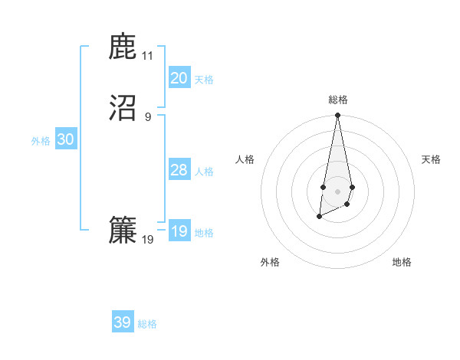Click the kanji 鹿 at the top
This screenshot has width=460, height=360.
123,48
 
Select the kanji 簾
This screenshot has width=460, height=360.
123,231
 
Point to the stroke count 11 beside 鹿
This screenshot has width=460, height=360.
147,56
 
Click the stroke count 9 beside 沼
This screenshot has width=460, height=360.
147,117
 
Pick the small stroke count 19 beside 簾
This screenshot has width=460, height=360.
147,240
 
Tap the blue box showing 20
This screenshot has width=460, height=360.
179,78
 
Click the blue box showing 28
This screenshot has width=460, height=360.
179,170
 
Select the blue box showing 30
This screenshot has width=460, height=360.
66,139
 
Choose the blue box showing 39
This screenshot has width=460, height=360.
123,322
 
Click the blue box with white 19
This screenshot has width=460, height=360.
179,231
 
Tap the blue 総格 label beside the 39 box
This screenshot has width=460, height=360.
147,324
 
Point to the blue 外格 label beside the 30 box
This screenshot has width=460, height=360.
41,141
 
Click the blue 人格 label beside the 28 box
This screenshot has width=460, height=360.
205,172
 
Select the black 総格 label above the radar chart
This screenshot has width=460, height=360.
337,100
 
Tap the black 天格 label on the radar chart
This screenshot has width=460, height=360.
431,159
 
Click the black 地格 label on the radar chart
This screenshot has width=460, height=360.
402,262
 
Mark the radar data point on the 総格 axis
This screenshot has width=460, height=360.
337,116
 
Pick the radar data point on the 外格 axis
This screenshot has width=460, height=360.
319,217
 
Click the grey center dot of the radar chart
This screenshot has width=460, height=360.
337,190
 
